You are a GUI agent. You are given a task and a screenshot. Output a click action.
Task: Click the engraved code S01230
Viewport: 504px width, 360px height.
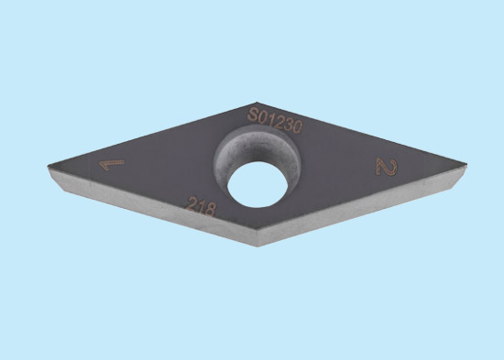[x=275, y=121]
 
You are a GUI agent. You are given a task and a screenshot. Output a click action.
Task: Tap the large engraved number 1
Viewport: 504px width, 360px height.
[x=111, y=164]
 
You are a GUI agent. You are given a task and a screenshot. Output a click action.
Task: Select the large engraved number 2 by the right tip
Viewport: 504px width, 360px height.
[x=387, y=167]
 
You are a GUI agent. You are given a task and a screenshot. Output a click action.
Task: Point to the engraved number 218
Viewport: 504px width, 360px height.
[x=201, y=206]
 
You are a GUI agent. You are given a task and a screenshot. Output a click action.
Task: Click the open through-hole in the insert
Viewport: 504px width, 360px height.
[x=257, y=184]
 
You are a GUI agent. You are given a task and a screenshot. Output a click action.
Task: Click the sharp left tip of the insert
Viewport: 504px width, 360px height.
[x=49, y=166]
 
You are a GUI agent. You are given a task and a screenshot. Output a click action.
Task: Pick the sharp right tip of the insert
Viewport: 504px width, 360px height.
[x=466, y=165]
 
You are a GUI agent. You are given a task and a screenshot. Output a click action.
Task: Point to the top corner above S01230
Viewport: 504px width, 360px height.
[x=257, y=103]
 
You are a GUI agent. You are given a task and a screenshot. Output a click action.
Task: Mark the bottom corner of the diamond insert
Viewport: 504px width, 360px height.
[x=257, y=246]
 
